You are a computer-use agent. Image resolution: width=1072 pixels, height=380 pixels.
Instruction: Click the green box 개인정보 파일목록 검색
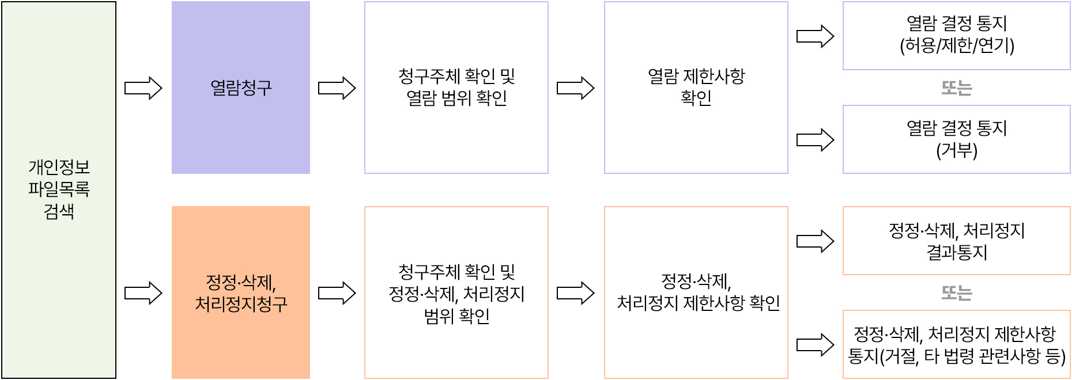[59, 115]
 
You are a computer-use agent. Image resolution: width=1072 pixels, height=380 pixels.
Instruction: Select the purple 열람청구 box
[241, 88]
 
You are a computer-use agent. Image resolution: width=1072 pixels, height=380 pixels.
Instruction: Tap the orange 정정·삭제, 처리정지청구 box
[241, 292]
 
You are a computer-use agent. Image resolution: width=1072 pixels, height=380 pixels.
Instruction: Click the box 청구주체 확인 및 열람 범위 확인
[456, 88]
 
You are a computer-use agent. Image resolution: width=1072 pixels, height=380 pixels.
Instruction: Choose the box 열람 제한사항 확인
[696, 88]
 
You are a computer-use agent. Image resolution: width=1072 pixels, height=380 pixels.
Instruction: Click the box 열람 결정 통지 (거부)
[957, 139]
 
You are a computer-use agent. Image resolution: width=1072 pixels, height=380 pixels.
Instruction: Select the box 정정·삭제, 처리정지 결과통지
[957, 241]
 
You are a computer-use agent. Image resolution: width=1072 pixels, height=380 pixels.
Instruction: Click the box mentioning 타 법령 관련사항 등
[957, 344]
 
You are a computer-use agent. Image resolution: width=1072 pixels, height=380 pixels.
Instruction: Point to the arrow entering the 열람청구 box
[144, 88]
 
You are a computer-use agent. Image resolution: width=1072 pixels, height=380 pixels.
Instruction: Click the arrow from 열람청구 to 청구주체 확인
[337, 88]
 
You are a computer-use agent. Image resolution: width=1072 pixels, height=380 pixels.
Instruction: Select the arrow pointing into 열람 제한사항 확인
[576, 88]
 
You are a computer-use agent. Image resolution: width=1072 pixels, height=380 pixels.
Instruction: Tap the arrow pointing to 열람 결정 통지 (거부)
[816, 140]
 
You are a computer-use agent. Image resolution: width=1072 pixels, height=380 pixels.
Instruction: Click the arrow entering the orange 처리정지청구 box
[144, 293]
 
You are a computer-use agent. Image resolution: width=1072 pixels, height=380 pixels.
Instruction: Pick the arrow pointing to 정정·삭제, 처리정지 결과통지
[816, 241]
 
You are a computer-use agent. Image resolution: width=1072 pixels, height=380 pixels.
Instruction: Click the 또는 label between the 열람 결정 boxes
[957, 88]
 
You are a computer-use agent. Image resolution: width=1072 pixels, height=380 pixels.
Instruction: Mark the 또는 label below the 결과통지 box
[957, 293]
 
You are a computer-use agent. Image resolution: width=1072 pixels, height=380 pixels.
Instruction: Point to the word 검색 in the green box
[59, 211]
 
